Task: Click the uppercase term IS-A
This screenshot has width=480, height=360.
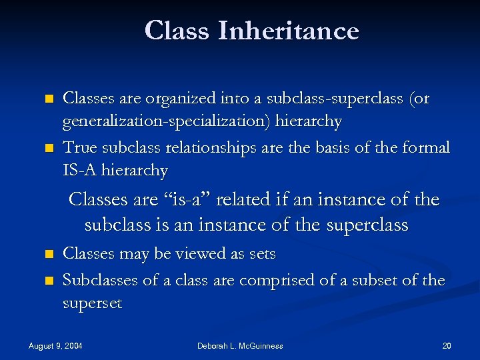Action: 80,171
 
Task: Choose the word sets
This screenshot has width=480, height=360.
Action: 261,254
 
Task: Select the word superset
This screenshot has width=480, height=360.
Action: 92,304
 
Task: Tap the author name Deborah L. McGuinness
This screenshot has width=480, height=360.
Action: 240,345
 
